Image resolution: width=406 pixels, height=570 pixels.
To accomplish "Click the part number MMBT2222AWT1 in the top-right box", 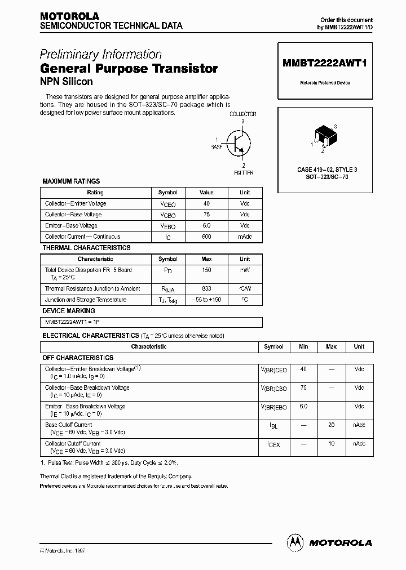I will [x=324, y=64].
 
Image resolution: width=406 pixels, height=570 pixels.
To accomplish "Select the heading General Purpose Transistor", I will [x=129, y=69].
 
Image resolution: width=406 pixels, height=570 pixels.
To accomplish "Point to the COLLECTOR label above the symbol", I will [x=242, y=114].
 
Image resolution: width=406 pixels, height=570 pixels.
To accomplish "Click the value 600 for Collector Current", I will [x=206, y=237].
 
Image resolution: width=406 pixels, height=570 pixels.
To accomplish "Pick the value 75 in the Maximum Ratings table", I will [x=206, y=215].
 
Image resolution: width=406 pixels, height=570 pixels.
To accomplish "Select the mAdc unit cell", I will [x=245, y=237].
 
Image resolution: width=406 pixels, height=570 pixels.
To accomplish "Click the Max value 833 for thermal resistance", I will [x=206, y=288].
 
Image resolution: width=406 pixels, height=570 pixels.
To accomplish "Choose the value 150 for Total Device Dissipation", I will [x=206, y=270].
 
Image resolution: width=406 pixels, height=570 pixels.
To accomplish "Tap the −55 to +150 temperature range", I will [x=206, y=300].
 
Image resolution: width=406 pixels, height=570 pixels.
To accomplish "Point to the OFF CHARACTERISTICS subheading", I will [x=78, y=358].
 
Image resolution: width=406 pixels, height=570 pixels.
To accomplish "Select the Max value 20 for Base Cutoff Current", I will [x=331, y=425].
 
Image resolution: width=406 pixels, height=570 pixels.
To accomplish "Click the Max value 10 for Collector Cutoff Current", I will [x=331, y=443].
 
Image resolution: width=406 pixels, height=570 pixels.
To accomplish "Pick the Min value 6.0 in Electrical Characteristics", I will [x=304, y=406].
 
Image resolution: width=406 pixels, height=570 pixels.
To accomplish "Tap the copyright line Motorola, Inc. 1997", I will [x=64, y=550].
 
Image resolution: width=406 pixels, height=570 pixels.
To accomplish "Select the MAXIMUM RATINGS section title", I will [x=71, y=181].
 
